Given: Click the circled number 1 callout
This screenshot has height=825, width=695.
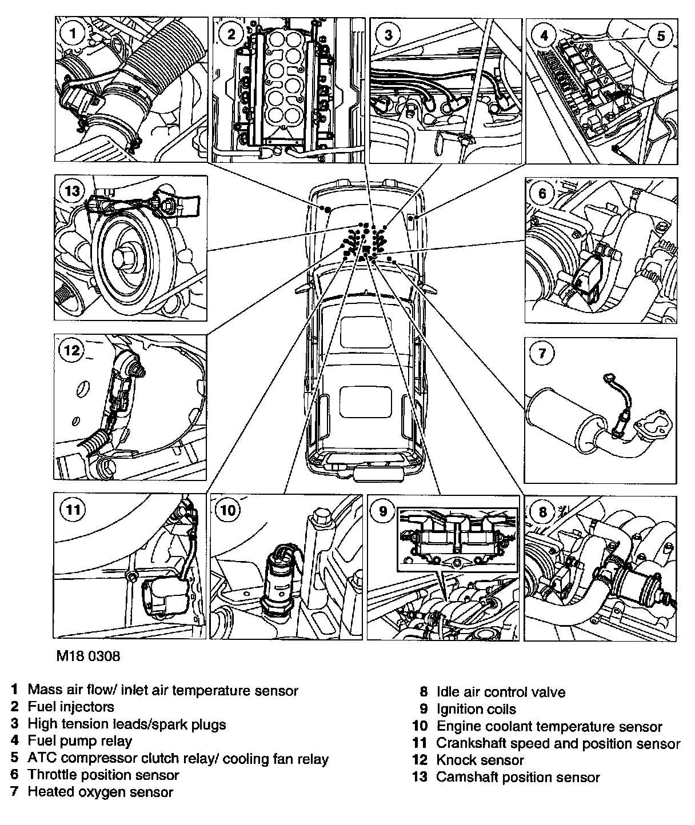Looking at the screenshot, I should (72, 34).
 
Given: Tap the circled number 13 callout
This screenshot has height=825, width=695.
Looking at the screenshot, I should (73, 191).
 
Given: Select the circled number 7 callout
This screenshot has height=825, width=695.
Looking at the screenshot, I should (542, 354).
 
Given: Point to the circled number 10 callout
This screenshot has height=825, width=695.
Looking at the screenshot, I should (227, 510).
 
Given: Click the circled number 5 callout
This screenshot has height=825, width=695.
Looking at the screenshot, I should (661, 36).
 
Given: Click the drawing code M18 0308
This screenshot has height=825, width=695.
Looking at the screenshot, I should (88, 656).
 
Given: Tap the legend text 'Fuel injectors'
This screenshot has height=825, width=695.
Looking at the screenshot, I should (71, 707).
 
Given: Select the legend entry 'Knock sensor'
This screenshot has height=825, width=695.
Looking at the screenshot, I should (480, 760).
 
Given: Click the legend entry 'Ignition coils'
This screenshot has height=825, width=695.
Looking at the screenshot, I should (476, 710).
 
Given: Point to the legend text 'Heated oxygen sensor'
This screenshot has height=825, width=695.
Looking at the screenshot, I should (100, 792).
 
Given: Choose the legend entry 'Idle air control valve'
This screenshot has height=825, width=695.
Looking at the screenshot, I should (501, 692).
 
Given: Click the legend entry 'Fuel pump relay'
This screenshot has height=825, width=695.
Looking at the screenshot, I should (79, 741).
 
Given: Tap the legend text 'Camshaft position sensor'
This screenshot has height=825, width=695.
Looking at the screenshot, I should (518, 777).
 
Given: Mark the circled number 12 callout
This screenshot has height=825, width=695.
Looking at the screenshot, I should (72, 349).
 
